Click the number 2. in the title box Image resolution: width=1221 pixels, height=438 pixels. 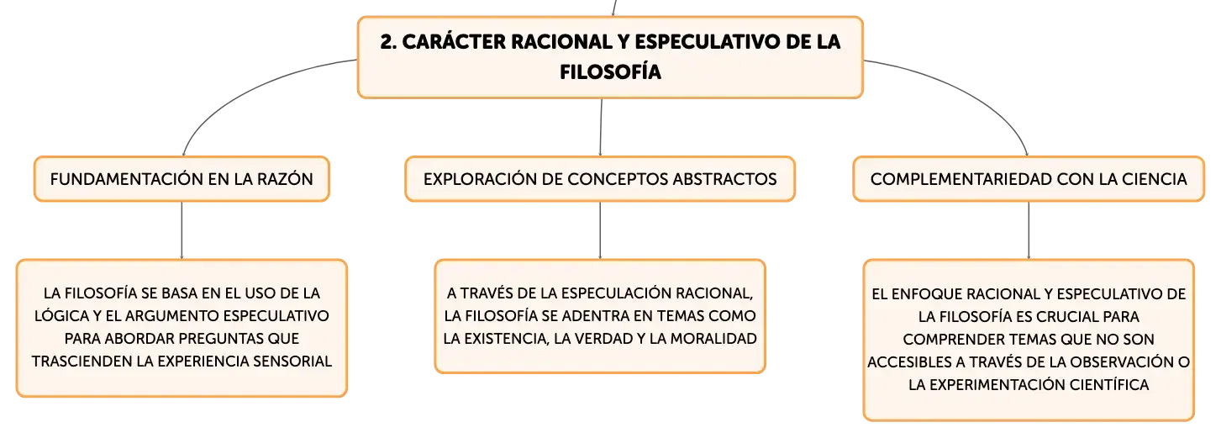tap(388, 42)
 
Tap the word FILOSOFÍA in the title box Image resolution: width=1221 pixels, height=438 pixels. tap(610, 72)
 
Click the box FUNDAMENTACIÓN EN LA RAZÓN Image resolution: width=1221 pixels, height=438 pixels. tap(182, 179)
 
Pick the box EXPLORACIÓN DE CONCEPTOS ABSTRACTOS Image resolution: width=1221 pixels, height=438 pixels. tap(600, 179)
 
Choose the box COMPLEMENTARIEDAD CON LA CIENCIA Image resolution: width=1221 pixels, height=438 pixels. tap(1028, 179)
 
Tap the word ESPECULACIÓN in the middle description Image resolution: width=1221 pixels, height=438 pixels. tap(617, 293)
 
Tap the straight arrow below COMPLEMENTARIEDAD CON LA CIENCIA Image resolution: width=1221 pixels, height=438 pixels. tap(1029, 230)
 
